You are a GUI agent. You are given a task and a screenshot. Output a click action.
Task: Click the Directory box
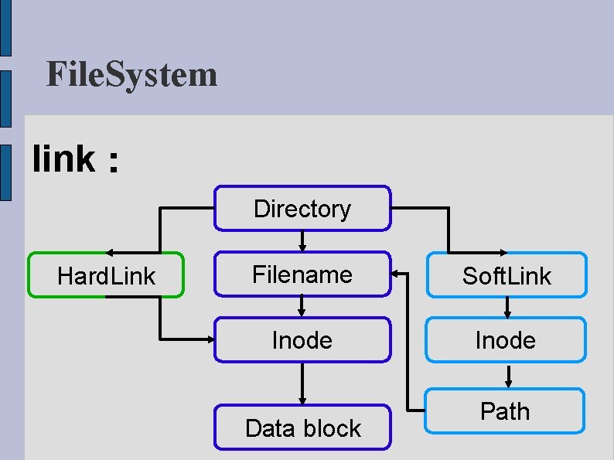(x=302, y=209)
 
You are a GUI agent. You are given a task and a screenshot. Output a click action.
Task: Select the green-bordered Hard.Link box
(x=106, y=275)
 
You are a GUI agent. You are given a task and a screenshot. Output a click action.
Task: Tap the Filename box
(x=302, y=274)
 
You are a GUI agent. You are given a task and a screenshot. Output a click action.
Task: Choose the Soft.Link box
(x=506, y=276)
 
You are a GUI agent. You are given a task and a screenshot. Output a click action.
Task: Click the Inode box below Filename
(x=302, y=340)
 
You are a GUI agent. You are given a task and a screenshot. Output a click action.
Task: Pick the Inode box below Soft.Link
(x=506, y=340)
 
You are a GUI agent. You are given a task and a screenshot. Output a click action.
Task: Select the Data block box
(x=302, y=428)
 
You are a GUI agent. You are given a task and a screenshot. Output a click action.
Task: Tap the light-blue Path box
(x=506, y=411)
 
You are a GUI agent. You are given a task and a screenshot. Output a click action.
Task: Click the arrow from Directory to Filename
(x=302, y=240)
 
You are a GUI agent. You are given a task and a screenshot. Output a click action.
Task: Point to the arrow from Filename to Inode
(x=302, y=307)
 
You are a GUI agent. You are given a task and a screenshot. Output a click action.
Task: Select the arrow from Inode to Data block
(x=302, y=383)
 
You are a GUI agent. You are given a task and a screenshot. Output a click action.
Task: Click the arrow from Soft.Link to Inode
(x=507, y=308)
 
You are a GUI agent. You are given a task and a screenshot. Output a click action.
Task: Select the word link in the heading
(x=64, y=159)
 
